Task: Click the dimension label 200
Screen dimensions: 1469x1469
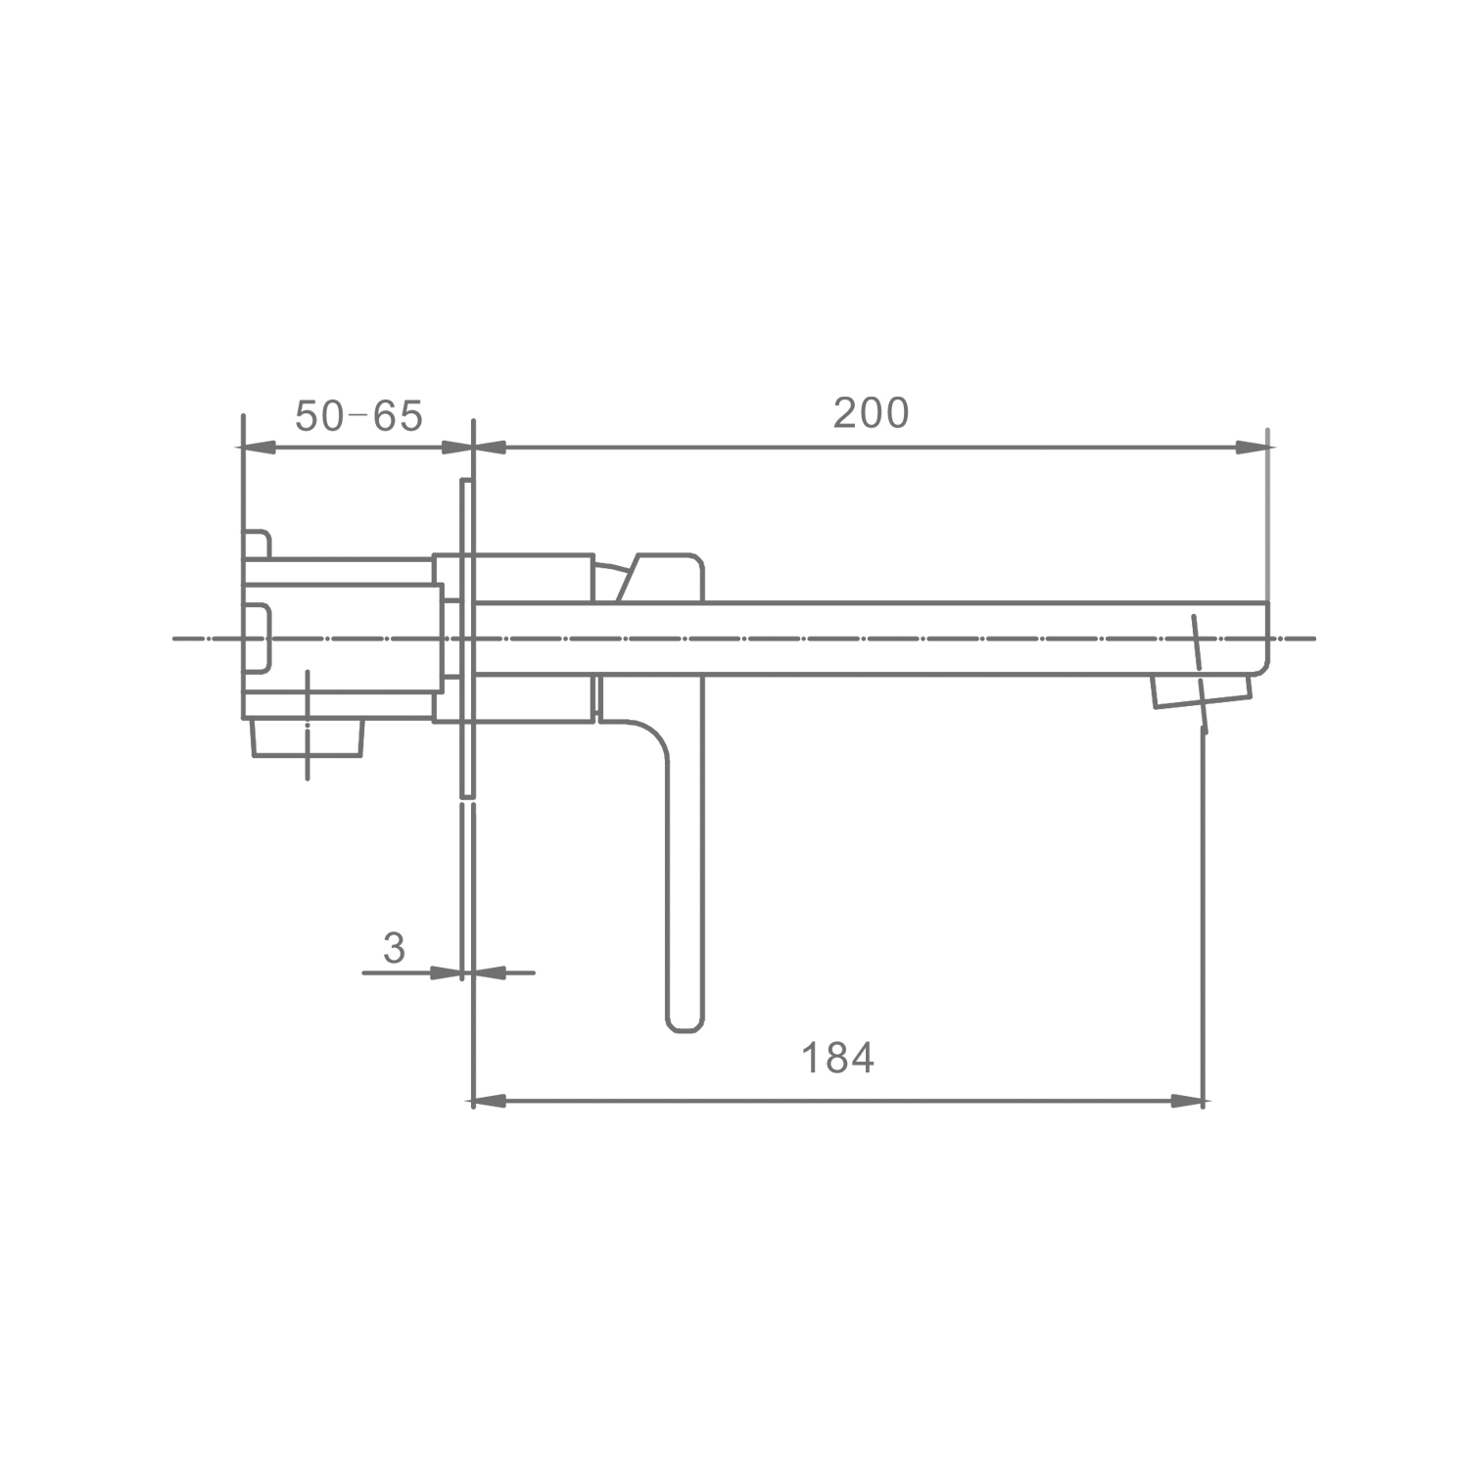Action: (871, 413)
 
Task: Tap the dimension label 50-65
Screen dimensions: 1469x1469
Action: (358, 416)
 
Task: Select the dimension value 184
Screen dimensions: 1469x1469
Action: (837, 1058)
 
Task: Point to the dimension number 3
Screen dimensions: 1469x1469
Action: (394, 948)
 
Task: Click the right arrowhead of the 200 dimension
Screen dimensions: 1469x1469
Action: (1253, 448)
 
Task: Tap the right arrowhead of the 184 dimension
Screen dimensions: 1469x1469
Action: (1188, 1102)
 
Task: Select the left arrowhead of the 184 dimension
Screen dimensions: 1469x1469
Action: (490, 1102)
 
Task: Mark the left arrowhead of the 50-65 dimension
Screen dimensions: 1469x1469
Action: (259, 448)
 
